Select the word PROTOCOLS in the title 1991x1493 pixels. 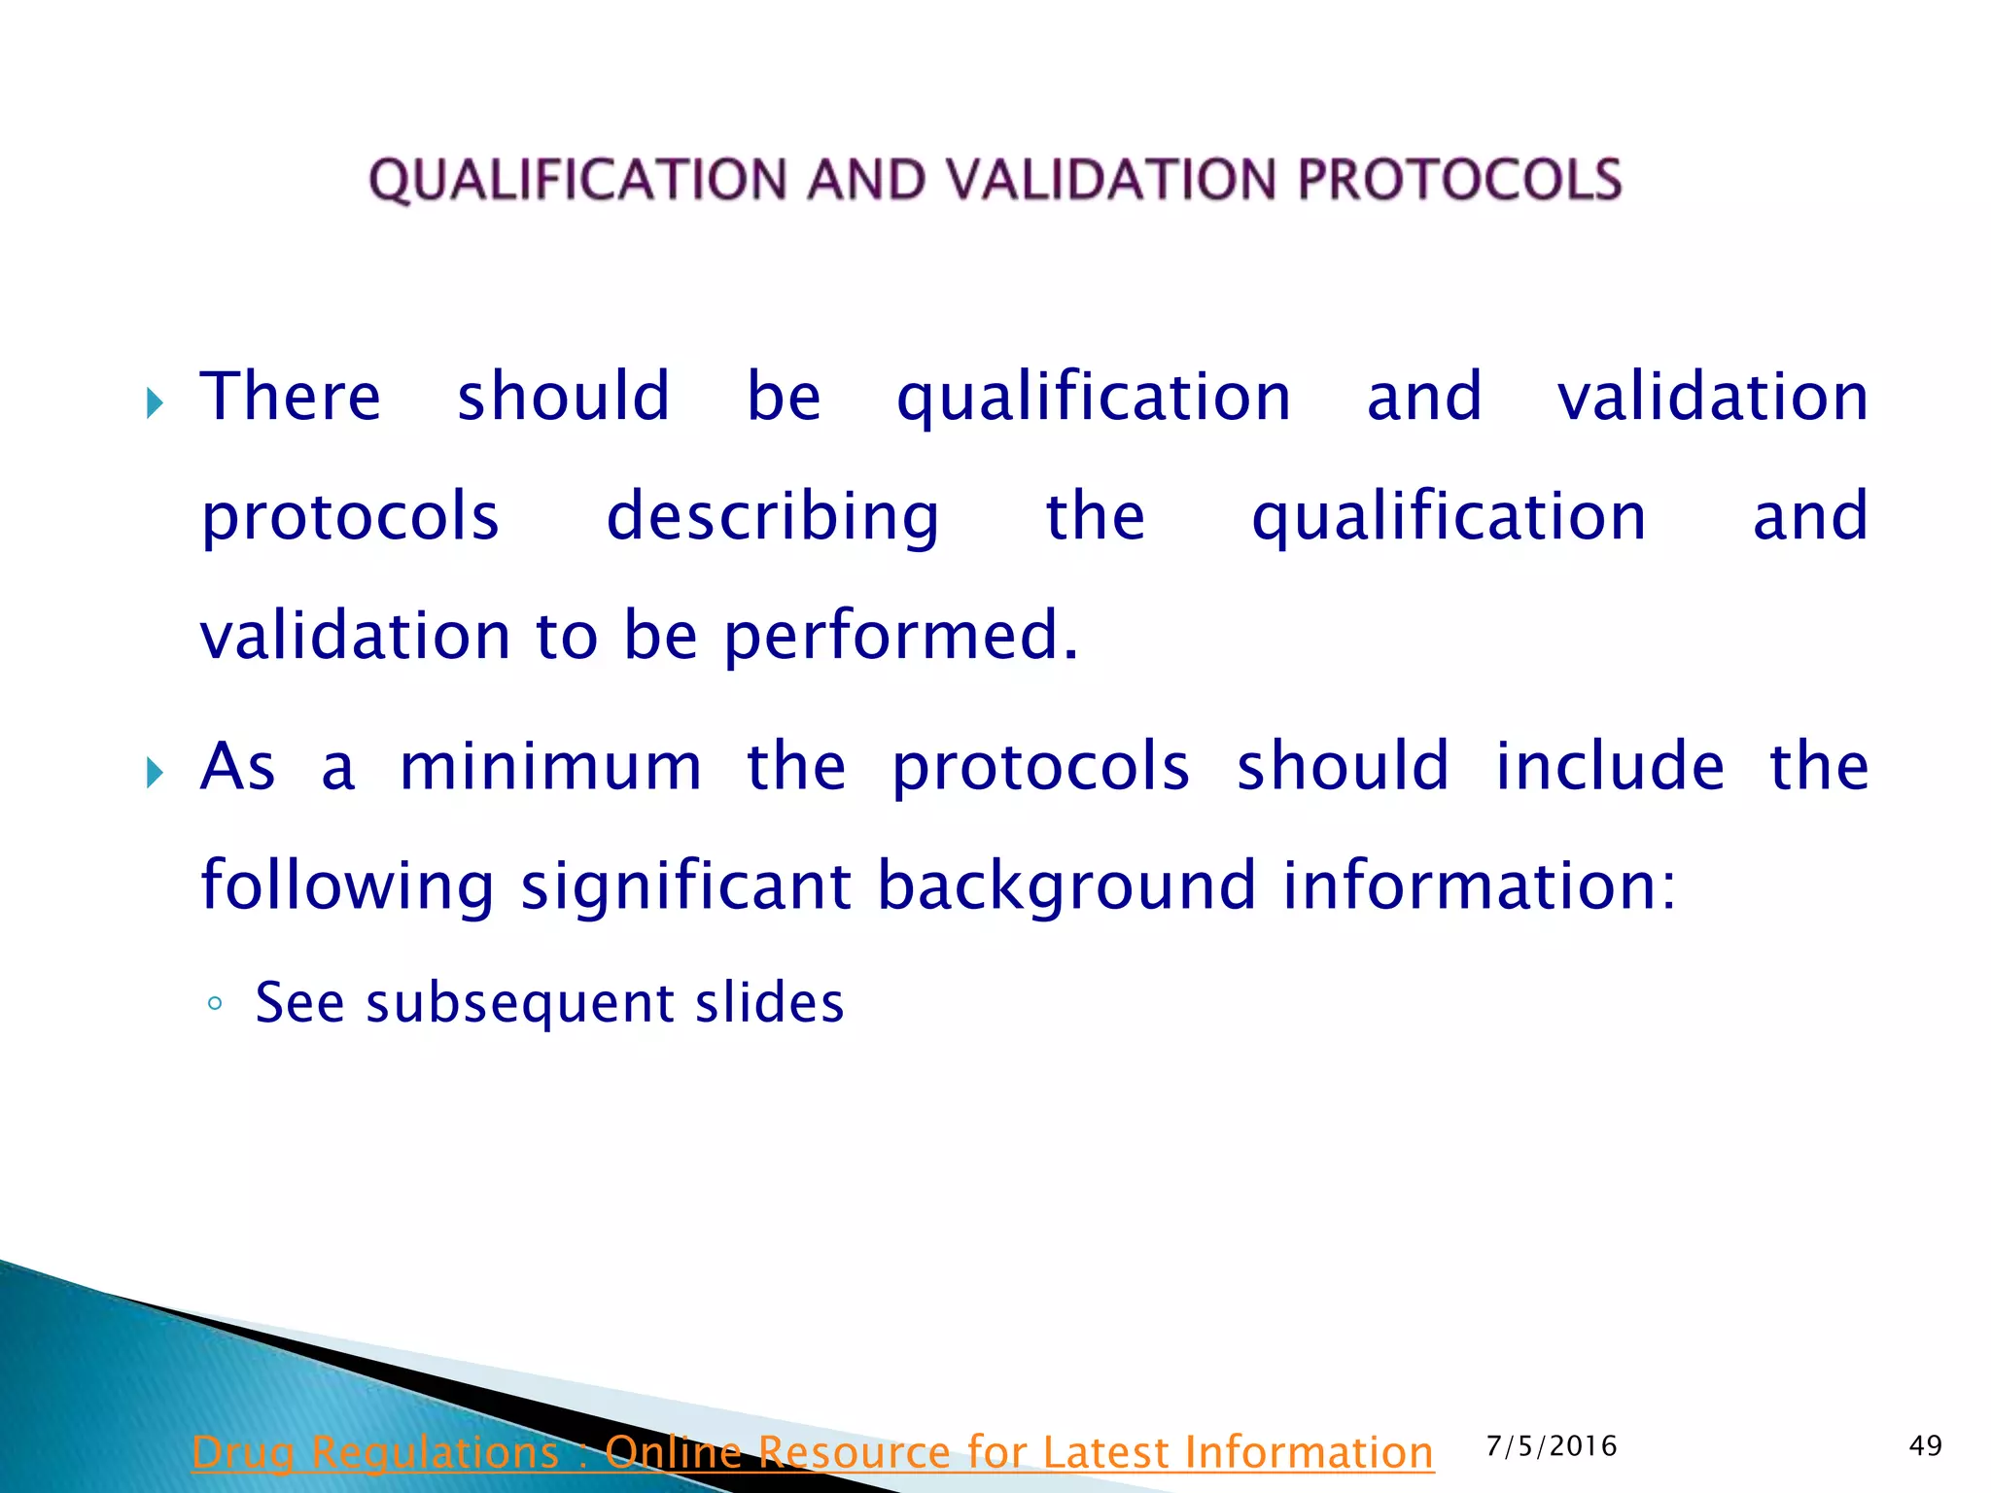click(1459, 181)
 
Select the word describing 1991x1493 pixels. click(773, 517)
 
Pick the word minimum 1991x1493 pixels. click(550, 767)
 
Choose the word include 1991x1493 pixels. click(1610, 767)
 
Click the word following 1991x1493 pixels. click(347, 886)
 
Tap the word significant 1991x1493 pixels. click(686, 886)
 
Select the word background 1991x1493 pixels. click(1066, 886)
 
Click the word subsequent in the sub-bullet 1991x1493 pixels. click(520, 1004)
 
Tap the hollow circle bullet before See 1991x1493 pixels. click(216, 1004)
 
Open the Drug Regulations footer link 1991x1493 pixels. click(813, 1452)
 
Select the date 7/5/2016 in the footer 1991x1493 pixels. click(1552, 1446)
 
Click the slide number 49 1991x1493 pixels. click(1925, 1446)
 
